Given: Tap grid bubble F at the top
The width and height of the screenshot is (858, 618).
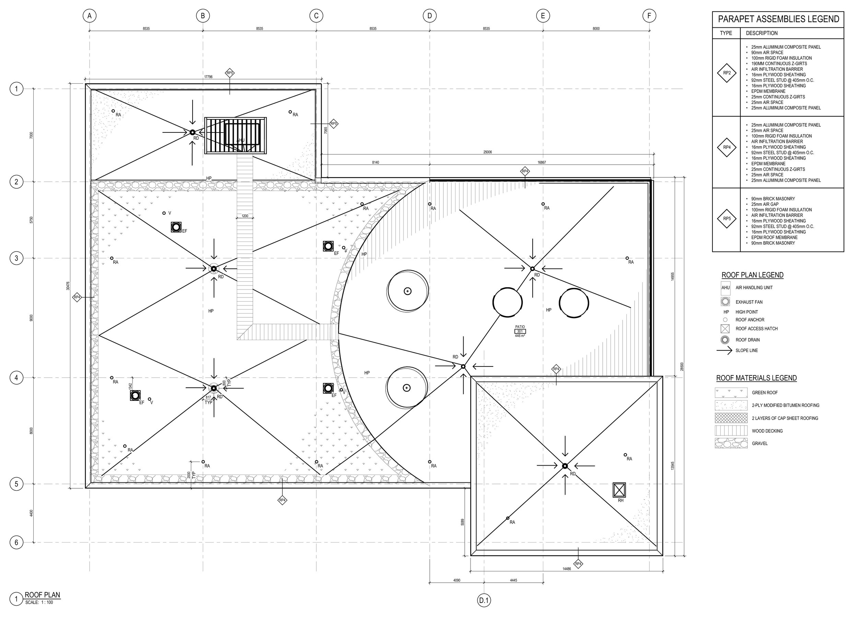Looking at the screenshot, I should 649,16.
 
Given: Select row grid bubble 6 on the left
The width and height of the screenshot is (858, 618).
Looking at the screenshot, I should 16,543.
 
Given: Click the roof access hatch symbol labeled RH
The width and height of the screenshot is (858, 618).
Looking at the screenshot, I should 619,490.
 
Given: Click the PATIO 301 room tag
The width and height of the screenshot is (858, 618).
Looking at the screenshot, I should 520,331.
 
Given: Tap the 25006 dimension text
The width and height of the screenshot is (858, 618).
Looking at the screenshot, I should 488,152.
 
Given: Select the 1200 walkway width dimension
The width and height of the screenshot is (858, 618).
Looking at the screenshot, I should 245,216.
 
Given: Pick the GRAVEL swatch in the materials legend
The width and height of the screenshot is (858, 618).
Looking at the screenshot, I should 731,443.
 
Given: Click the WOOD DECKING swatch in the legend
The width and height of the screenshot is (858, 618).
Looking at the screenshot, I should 731,431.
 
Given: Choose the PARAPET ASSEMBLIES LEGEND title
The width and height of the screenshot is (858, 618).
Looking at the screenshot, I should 779,19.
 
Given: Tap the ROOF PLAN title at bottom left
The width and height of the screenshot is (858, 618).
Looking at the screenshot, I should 42,595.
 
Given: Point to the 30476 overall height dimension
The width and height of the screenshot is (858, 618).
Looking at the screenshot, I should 68,285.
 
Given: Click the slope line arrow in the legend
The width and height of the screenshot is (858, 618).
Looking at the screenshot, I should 724,351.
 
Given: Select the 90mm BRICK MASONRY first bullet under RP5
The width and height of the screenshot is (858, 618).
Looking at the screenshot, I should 773,199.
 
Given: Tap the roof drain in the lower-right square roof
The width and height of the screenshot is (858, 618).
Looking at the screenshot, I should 565,466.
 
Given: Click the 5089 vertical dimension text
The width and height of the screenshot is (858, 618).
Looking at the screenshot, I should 463,522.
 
